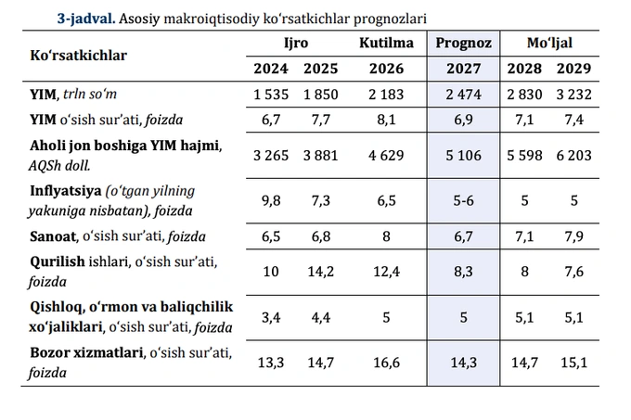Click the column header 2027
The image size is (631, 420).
(x=463, y=69)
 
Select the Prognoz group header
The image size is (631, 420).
(x=463, y=43)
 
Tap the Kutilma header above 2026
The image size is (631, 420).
(x=386, y=43)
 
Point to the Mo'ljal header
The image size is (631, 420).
(x=549, y=43)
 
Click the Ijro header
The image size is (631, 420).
(x=296, y=43)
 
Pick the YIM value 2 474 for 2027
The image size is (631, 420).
(x=463, y=95)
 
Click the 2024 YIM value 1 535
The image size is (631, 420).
(x=271, y=95)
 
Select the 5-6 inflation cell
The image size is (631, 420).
(x=463, y=200)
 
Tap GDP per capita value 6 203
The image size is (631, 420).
(x=573, y=156)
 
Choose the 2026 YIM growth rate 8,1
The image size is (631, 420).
(x=386, y=120)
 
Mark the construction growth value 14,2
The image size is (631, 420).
(x=321, y=272)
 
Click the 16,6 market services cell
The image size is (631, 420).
(x=386, y=363)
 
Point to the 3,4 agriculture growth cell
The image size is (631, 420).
(x=271, y=317)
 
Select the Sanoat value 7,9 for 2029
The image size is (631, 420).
(x=573, y=236)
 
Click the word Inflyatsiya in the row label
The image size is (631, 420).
(x=66, y=190)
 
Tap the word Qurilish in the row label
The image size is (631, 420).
(x=58, y=261)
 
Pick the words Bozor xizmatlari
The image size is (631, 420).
(x=86, y=352)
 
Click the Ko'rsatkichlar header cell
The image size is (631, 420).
(x=79, y=56)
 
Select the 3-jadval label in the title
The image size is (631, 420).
(x=86, y=19)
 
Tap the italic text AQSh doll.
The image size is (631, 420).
(x=59, y=166)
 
